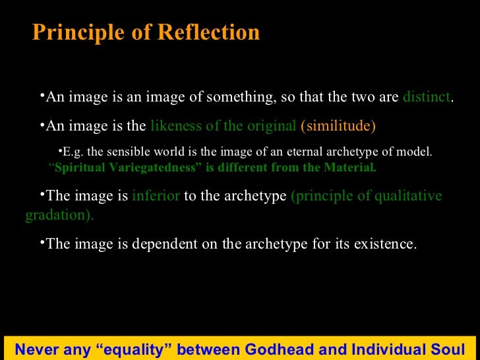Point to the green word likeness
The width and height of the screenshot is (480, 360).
click(173, 126)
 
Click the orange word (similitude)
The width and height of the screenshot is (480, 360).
click(338, 126)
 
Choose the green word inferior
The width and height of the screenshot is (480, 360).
click(156, 196)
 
